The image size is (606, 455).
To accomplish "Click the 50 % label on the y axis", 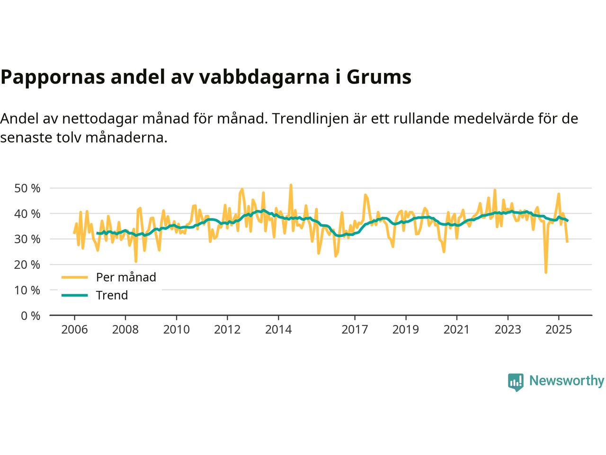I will pos(27,188).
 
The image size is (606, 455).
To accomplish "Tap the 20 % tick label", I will pos(27,264).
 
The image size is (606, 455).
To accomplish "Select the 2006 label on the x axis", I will pos(74,329).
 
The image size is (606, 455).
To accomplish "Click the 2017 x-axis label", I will pos(355,329).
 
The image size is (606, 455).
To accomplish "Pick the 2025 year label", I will pos(559,329).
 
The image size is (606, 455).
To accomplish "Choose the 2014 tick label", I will pos(278,329).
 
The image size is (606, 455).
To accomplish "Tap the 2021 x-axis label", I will pos(456,329).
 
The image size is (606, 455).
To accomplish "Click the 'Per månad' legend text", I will pos(126,277).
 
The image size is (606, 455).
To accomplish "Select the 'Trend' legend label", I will pos(112,295).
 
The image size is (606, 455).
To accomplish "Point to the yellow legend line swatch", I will pos(75,277).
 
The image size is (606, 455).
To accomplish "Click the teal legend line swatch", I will pos(75,295).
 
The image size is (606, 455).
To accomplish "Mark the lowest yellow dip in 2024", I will pos(546,273).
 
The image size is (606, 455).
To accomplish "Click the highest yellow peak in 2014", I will pos(291,185).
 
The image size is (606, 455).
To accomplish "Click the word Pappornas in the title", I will pos(52,77).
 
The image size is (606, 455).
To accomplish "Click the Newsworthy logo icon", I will pos(516,382).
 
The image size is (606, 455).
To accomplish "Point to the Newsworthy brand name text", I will pos(566,381).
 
